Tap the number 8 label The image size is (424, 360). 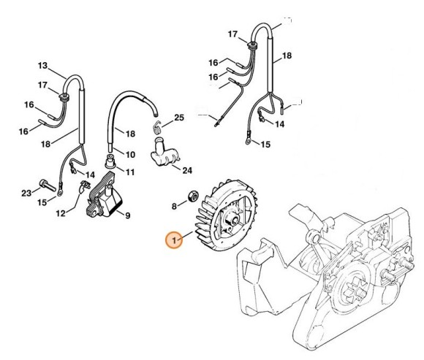[173, 207]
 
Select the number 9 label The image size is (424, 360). [127, 215]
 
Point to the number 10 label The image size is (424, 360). [131, 156]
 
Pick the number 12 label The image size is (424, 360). [61, 213]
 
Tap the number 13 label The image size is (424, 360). [42, 65]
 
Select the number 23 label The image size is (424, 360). [26, 194]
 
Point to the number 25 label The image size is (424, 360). [179, 118]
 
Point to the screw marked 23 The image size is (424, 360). [45, 183]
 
